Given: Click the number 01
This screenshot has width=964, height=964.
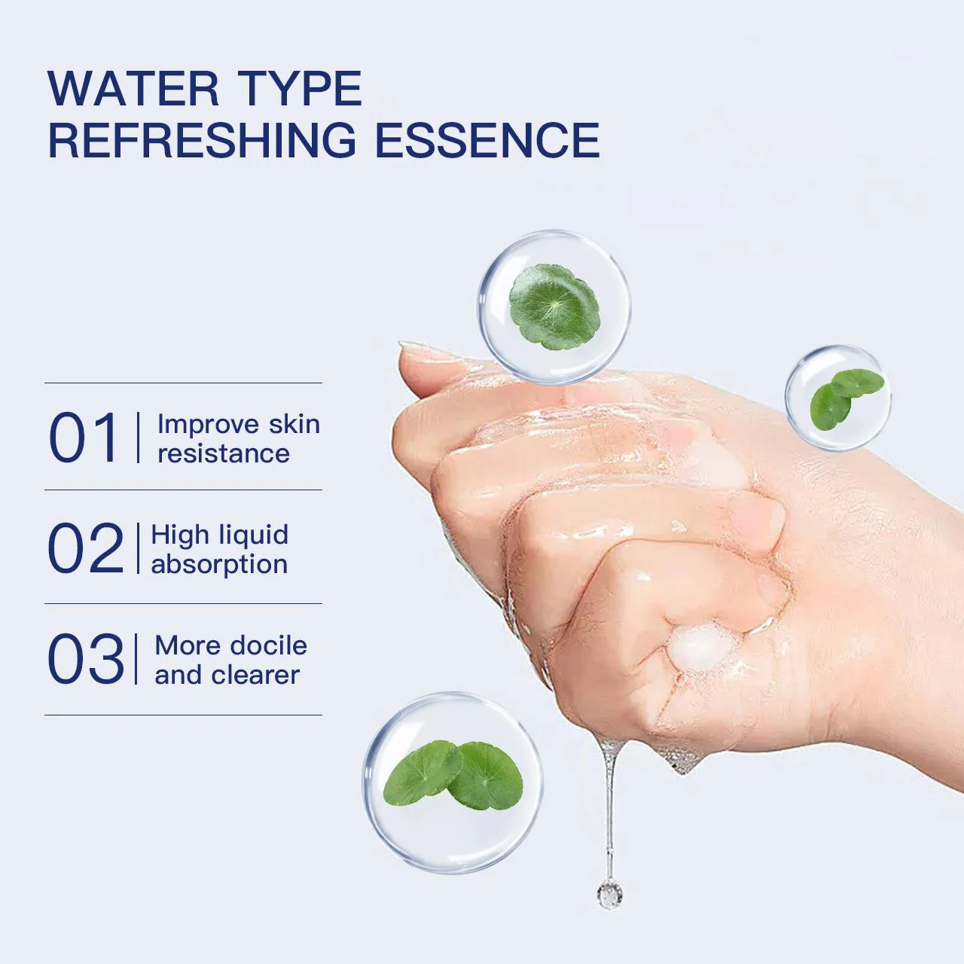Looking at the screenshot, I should (84, 438).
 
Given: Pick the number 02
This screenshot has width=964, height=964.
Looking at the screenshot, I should (85, 549).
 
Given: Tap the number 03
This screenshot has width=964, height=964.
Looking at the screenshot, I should (85, 660).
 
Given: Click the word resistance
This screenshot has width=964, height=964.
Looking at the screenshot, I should (223, 453).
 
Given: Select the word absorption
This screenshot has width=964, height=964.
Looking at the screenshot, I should (219, 564).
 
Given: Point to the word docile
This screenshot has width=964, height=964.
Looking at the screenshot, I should (268, 645).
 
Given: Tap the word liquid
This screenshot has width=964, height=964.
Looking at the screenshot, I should (253, 535).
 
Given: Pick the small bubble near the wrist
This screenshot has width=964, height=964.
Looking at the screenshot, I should (837, 398).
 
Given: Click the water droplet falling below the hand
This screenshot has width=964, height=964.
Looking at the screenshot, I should (609, 893).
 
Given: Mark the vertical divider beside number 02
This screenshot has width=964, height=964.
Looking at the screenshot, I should (139, 548).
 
